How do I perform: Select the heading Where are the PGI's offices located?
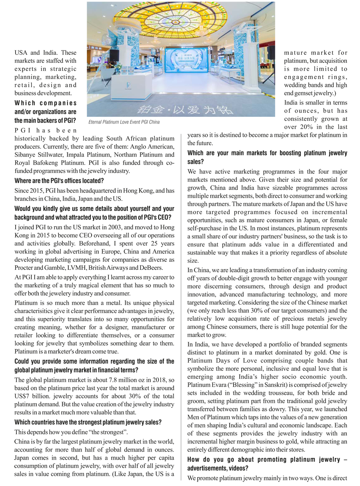[59, 181]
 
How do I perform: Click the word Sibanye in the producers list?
[26, 155]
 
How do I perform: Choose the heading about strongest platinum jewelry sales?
[88, 422]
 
